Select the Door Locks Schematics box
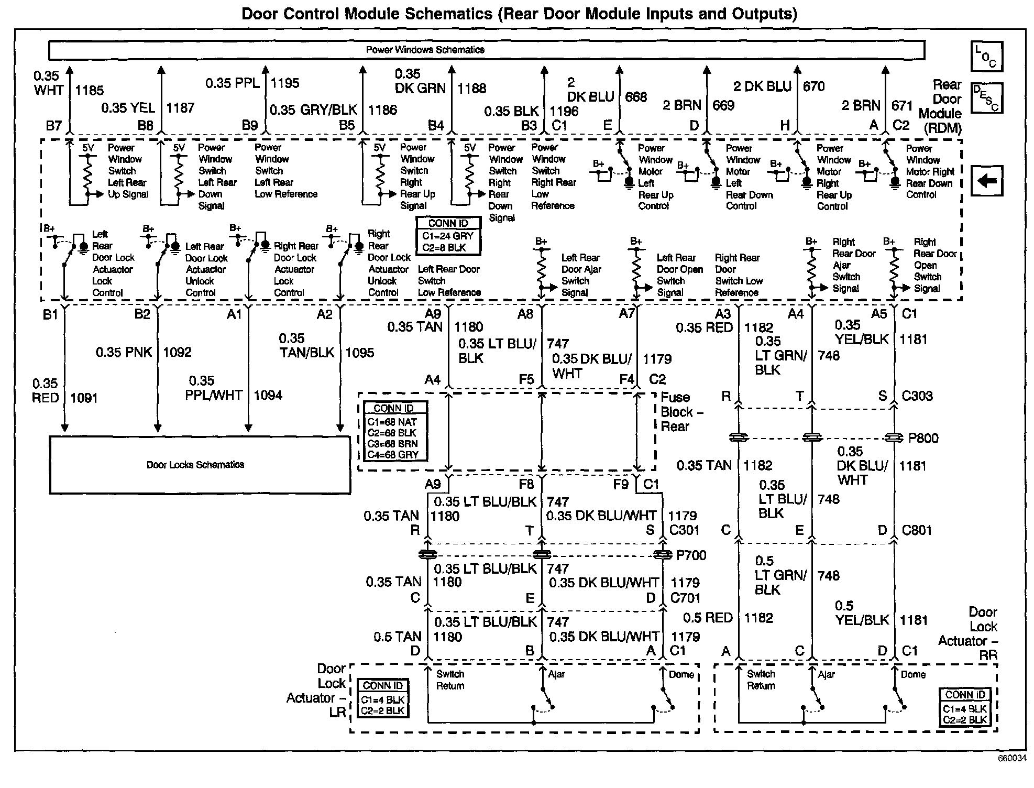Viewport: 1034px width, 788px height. click(x=200, y=465)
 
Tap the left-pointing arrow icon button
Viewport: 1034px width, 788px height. click(x=987, y=181)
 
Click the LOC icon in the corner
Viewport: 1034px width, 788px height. click(x=986, y=57)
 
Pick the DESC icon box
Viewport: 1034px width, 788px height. click(x=986, y=98)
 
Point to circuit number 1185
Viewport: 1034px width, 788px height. click(x=89, y=90)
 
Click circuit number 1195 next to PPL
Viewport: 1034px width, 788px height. click(x=285, y=83)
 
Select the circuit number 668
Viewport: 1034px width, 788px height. click(x=636, y=97)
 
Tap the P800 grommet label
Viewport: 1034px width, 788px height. click(x=923, y=438)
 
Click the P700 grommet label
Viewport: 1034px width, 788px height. click(x=691, y=555)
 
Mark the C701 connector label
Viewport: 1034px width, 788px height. click(x=685, y=598)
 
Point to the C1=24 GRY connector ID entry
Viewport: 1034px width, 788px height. click(x=448, y=236)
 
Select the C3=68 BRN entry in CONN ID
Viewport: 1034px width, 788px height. click(x=392, y=444)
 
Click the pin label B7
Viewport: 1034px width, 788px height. click(x=53, y=126)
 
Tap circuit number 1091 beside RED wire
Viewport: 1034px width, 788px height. click(x=84, y=398)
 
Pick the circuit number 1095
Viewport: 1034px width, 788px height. click(x=359, y=353)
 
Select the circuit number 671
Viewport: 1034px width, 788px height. click(x=902, y=105)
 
